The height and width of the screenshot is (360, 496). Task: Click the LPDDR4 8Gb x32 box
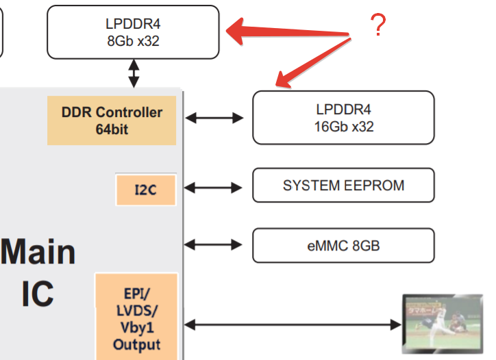(x=134, y=32)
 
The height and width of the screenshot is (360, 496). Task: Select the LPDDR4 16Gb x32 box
(x=344, y=118)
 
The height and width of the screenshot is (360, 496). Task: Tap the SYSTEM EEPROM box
(x=344, y=185)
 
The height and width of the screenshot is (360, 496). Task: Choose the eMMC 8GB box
(x=344, y=246)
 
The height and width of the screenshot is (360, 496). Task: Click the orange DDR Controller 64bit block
(x=112, y=120)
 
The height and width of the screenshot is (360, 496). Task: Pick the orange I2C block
(x=145, y=190)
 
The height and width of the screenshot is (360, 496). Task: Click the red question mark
(x=377, y=26)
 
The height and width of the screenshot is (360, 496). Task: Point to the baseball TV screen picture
(x=443, y=323)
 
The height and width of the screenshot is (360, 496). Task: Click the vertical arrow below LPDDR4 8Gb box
(x=134, y=73)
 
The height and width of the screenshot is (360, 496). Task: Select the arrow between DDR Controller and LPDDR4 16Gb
(x=214, y=118)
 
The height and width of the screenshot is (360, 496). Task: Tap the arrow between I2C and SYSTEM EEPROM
(x=214, y=186)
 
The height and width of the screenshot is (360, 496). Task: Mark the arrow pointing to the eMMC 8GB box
(x=214, y=244)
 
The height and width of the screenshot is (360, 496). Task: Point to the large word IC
(x=38, y=295)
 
